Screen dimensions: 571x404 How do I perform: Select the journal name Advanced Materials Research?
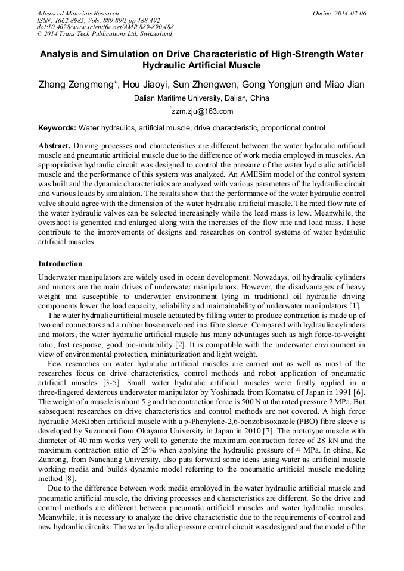pos(77,13)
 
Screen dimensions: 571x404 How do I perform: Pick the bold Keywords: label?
pos(57,128)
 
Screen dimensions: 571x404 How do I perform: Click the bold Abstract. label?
pos(55,146)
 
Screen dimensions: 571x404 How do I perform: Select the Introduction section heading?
pos(60,264)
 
